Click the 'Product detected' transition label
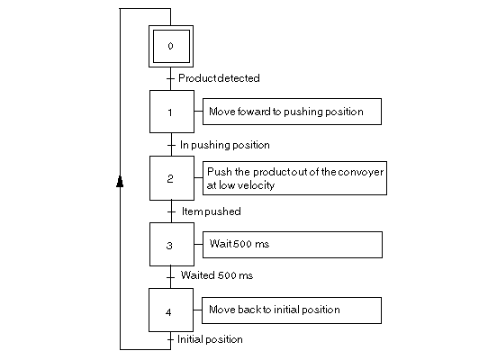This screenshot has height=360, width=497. pyautogui.click(x=219, y=78)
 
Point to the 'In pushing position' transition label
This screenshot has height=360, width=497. pyautogui.click(x=225, y=145)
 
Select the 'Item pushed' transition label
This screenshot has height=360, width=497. pyautogui.click(x=211, y=211)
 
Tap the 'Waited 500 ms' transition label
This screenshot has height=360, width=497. pyautogui.click(x=217, y=275)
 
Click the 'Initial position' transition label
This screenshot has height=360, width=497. pyautogui.click(x=210, y=339)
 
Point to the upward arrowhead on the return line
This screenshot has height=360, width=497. pyautogui.click(x=120, y=182)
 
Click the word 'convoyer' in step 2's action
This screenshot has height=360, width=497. pyautogui.click(x=361, y=172)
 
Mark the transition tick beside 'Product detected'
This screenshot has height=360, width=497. pyautogui.click(x=170, y=78)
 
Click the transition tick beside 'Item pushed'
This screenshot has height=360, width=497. pyautogui.click(x=171, y=211)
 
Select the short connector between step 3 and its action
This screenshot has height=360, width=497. pyautogui.click(x=198, y=244)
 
